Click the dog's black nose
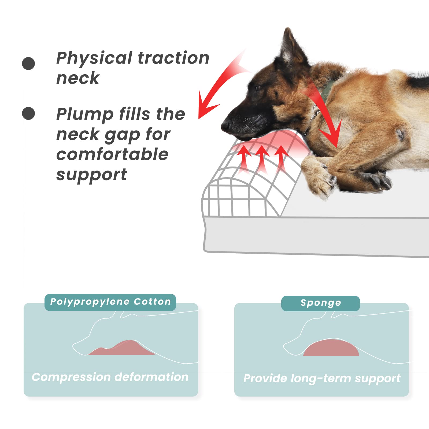tap(226, 125)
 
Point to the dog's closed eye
tap(258, 87)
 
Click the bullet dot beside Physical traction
tap(28, 64)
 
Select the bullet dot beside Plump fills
tap(28, 113)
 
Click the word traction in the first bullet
tap(173, 58)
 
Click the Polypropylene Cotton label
tap(110, 302)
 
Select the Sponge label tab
tap(320, 303)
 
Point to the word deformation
tap(151, 377)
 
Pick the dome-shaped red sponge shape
tap(331, 348)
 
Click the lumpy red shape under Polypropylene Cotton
tap(121, 348)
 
